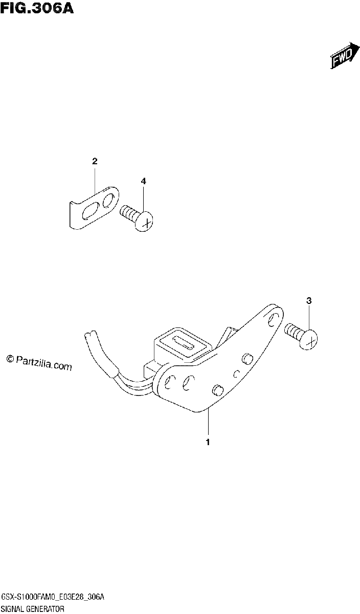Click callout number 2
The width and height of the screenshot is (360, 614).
click(x=95, y=161)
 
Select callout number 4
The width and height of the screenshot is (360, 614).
click(x=143, y=181)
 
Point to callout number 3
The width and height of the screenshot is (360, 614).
click(x=309, y=301)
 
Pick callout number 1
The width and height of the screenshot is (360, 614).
click(x=208, y=442)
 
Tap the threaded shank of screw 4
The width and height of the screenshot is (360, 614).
click(x=128, y=212)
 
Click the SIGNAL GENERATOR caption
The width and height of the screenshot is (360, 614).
click(x=32, y=609)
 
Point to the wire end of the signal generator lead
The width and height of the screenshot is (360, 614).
click(x=89, y=335)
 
